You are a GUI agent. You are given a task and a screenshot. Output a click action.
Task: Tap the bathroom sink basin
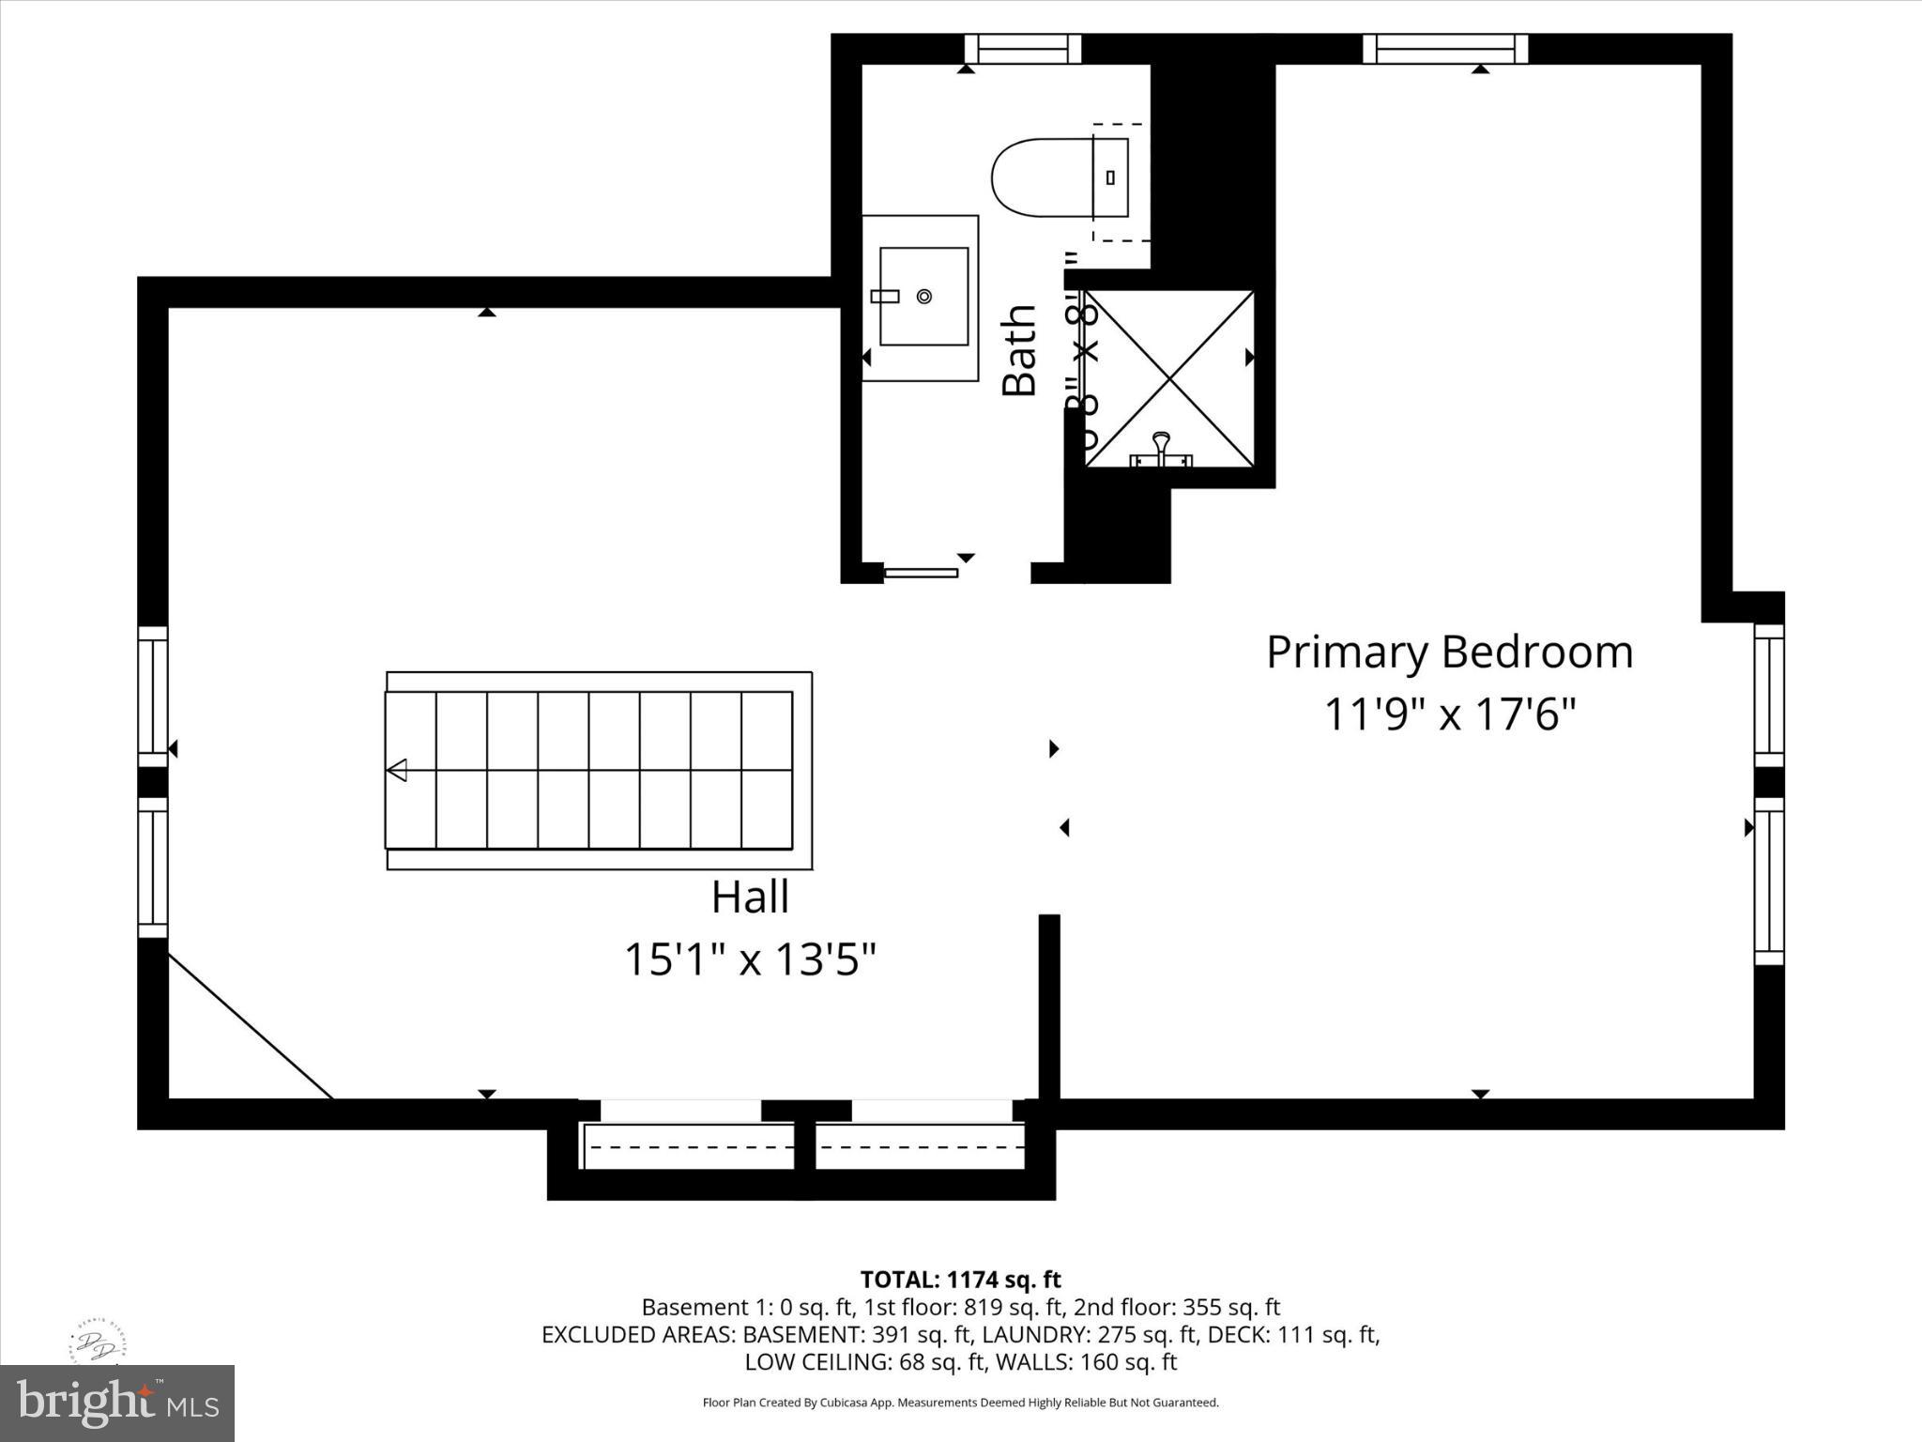(x=923, y=297)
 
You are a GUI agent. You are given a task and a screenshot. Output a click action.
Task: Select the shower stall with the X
(x=1169, y=378)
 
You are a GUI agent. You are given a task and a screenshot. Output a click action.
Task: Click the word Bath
(x=1019, y=351)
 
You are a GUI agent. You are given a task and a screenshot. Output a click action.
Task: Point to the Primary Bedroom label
(x=1449, y=652)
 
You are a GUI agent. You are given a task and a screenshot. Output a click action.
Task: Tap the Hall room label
(x=750, y=897)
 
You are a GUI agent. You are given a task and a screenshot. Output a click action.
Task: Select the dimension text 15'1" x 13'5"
(x=750, y=960)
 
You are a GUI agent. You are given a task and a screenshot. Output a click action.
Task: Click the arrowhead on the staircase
(x=397, y=770)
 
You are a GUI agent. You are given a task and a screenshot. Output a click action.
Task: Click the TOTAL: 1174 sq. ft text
(x=960, y=1280)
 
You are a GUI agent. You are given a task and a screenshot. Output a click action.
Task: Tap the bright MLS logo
(x=117, y=1403)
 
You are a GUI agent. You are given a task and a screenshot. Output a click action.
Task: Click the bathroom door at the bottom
(x=921, y=573)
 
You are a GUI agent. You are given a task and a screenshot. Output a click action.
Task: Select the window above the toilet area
(x=1023, y=48)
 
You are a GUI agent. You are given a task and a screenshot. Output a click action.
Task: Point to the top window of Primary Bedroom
(x=1445, y=48)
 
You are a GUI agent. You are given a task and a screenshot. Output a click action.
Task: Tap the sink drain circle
(x=924, y=297)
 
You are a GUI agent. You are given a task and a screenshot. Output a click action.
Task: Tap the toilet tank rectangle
(x=1111, y=177)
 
